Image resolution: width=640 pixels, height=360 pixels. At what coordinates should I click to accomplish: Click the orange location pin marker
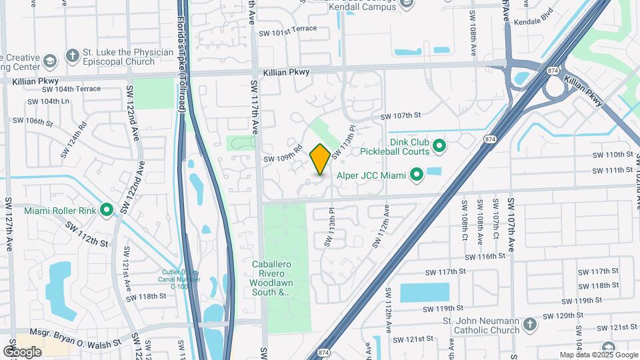[x=320, y=159]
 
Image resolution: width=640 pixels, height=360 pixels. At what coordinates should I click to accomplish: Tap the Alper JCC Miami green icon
[x=417, y=175]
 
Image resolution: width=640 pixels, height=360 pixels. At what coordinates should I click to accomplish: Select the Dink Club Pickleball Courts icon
[x=439, y=145]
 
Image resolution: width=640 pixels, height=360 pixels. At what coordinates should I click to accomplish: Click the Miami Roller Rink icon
[x=107, y=211]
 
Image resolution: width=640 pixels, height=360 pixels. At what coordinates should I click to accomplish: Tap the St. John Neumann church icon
[x=530, y=325]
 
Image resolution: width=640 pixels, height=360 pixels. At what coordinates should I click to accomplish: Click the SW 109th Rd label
[x=283, y=155]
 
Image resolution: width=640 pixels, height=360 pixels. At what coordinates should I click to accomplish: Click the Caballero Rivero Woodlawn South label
[x=271, y=278]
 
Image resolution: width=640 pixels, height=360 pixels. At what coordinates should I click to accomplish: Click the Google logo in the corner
[x=22, y=351]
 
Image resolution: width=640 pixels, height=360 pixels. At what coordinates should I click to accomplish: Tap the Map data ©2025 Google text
[x=598, y=355]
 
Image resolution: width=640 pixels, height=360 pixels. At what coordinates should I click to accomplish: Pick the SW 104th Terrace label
[x=71, y=89]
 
